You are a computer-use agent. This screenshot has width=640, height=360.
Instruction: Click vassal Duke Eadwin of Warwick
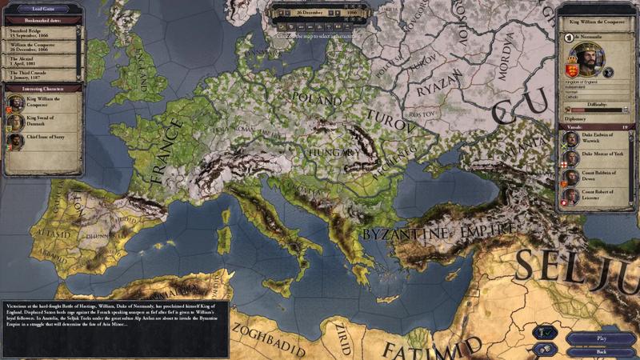point(571,138)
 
